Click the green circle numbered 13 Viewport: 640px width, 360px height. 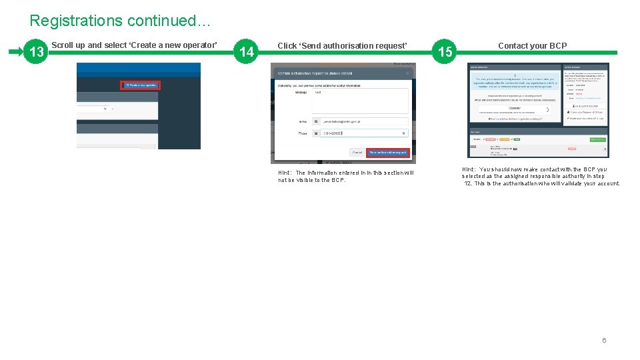37,52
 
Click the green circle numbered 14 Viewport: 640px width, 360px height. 247,52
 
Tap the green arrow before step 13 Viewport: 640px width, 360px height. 16,51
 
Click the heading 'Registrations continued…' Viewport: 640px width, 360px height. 120,21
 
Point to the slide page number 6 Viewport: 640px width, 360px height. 604,340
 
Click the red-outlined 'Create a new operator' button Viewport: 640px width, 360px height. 140,85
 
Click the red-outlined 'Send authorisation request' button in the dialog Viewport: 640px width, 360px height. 388,152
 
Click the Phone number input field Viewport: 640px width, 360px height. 364,133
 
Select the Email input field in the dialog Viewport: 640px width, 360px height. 364,122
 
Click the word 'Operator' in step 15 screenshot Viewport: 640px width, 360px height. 514,109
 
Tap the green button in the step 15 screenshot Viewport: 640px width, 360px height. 597,139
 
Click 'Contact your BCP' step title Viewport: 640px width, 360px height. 532,46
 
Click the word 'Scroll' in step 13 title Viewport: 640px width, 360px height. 63,45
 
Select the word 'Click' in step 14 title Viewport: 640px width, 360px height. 287,46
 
